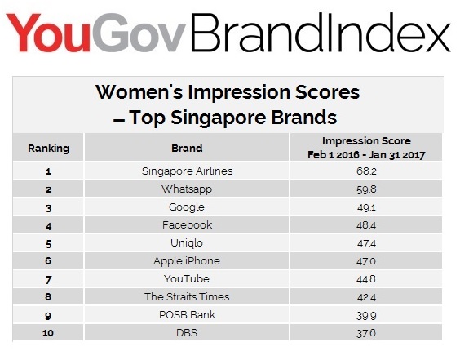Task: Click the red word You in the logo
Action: (x=48, y=33)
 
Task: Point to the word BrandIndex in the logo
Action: (x=321, y=33)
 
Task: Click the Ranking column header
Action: (x=49, y=149)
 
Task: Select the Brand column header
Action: (x=187, y=148)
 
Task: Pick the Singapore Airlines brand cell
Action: (x=187, y=171)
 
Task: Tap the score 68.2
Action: (x=366, y=171)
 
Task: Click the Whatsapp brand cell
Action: (x=187, y=189)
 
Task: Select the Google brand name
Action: (x=187, y=207)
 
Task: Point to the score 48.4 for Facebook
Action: (x=366, y=225)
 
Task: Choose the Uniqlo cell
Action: (x=187, y=243)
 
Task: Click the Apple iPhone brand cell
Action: (x=187, y=261)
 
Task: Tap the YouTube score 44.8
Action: (x=366, y=279)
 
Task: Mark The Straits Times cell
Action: (x=187, y=297)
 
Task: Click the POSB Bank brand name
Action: (x=187, y=315)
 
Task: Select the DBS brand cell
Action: (x=187, y=333)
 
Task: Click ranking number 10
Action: (x=48, y=333)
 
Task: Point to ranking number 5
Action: (x=49, y=244)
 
